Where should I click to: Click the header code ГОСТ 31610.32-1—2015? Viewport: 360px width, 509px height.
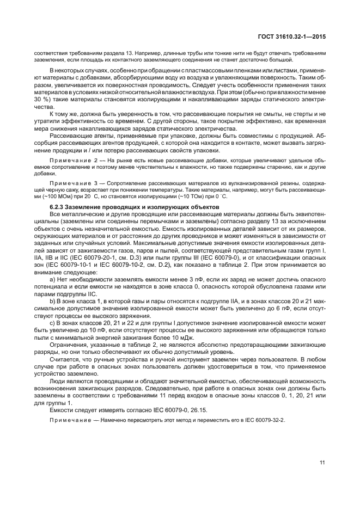294,36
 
